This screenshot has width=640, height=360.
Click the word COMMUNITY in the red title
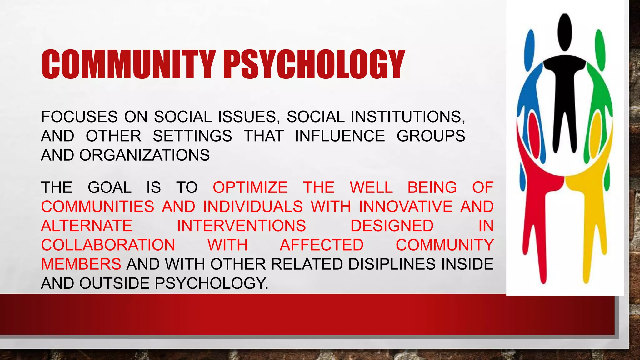(x=128, y=64)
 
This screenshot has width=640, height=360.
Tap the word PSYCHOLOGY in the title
(x=314, y=64)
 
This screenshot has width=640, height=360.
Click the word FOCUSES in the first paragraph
(x=79, y=117)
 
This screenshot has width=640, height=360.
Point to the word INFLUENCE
(x=340, y=136)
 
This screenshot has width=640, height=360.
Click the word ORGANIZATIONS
(x=144, y=155)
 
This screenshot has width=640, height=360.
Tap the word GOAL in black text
(x=109, y=187)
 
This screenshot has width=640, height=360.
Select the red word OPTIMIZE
(x=250, y=187)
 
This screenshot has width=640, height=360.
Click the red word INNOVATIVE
(x=406, y=207)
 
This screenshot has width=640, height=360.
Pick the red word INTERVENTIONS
(x=241, y=226)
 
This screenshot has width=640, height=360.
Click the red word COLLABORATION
(x=108, y=245)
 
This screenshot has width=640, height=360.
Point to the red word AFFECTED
(x=322, y=245)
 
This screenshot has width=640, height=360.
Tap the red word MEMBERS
(x=81, y=264)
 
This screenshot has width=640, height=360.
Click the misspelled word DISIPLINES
(x=392, y=264)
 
